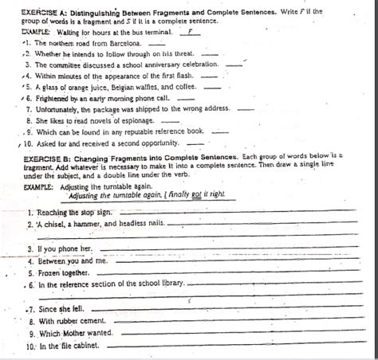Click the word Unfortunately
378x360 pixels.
(55, 108)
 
